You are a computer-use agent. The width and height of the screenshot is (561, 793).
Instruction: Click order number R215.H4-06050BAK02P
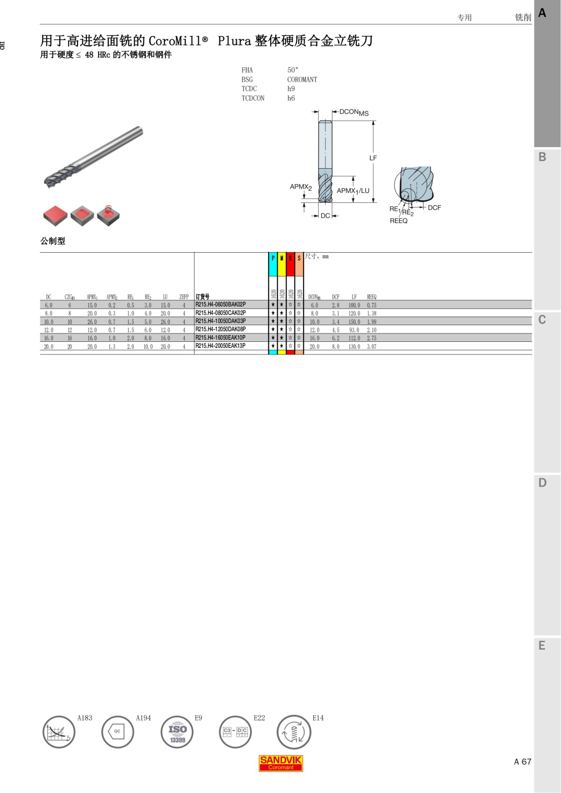tap(220, 304)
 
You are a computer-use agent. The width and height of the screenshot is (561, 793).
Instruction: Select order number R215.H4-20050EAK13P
tap(220, 346)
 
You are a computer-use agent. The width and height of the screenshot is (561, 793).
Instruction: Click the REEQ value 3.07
tap(371, 347)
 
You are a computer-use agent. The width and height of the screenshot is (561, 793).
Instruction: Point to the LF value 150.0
tap(354, 322)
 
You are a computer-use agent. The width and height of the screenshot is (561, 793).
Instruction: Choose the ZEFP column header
tap(184, 297)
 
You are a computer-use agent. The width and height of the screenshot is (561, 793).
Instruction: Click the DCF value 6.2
tap(335, 338)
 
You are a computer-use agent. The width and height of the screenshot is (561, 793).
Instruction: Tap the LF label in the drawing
tap(373, 158)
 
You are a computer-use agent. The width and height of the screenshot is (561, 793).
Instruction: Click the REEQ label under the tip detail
tap(398, 221)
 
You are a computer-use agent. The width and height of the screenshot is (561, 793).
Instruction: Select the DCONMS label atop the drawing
tap(354, 112)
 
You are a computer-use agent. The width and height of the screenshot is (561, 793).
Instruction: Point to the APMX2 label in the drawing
tap(301, 187)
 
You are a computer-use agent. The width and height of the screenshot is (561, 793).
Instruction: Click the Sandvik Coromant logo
tap(281, 763)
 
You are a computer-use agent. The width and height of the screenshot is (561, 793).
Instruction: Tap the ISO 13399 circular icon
tap(177, 732)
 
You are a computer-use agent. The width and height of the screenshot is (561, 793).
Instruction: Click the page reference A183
tap(85, 718)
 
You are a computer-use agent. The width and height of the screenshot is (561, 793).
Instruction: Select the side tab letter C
tap(542, 319)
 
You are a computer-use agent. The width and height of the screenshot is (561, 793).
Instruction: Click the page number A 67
tap(522, 762)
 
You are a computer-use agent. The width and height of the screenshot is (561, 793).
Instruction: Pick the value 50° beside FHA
tap(293, 70)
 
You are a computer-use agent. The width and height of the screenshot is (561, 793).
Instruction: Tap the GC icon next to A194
tap(117, 732)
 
